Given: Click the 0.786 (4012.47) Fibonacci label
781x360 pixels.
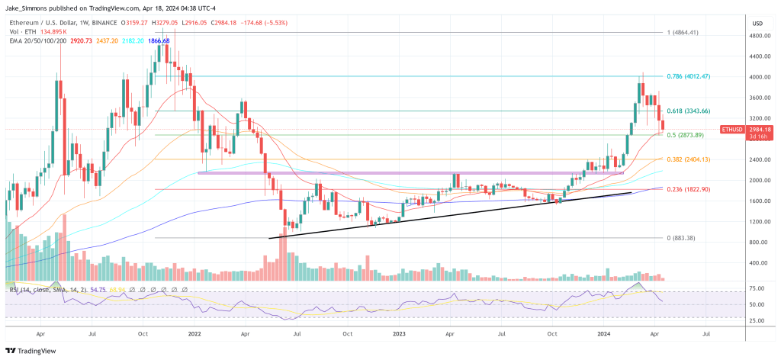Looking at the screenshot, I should click(688, 76).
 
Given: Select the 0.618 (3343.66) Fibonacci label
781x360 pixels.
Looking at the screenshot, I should click(688, 111).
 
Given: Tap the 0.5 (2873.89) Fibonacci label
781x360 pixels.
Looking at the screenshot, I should click(686, 135).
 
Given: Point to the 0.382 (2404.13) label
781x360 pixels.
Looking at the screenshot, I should click(688, 159).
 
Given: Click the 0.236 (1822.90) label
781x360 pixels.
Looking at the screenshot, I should click(688, 189).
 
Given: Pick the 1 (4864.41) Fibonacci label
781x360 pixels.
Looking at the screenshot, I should click(684, 33).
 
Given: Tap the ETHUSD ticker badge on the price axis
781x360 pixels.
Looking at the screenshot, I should click(732, 130).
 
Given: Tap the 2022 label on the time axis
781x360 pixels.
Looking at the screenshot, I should click(194, 333).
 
